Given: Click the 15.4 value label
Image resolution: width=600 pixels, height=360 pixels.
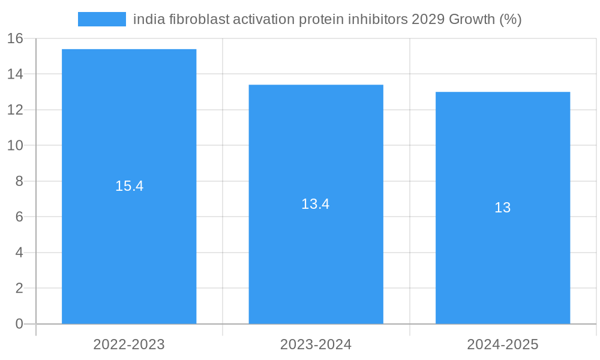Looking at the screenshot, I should point(129,186).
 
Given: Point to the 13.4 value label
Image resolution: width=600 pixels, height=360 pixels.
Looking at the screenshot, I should point(316,204).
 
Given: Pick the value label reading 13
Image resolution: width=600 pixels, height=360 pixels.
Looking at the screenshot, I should point(503,208).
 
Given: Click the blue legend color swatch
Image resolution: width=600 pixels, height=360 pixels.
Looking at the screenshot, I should point(102,19).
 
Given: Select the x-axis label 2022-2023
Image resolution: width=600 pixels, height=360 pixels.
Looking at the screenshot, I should point(129,344).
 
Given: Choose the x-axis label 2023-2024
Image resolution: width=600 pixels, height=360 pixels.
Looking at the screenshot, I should point(316,344).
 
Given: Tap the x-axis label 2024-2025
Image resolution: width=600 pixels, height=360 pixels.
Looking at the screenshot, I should point(503,344).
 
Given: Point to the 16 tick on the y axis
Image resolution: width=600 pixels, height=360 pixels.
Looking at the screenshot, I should point(15,38).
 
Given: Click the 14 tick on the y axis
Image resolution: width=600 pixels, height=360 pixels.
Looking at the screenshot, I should point(15,74).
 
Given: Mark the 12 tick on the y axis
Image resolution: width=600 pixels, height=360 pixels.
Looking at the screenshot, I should point(15,110).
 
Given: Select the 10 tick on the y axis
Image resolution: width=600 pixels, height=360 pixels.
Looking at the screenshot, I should point(15,146).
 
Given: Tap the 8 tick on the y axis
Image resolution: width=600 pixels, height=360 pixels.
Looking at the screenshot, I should point(19,181).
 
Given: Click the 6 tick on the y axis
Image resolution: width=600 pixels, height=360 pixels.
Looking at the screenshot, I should point(19,217).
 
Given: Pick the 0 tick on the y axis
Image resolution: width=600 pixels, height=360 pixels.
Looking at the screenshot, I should point(19,324).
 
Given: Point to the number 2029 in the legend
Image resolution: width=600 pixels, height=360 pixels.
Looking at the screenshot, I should point(427,19).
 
